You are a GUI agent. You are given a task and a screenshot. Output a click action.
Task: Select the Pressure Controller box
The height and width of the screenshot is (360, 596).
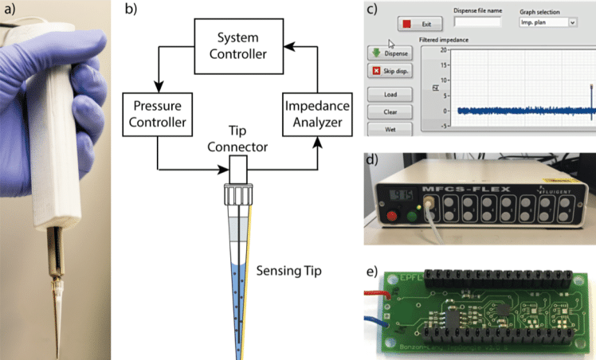click(156, 113)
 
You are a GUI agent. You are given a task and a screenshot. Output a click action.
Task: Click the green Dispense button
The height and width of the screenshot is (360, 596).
click(390, 53)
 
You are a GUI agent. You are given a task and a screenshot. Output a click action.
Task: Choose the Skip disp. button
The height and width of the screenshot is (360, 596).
click(390, 71)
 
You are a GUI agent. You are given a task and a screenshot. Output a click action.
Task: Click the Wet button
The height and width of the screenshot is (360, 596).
click(390, 128)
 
